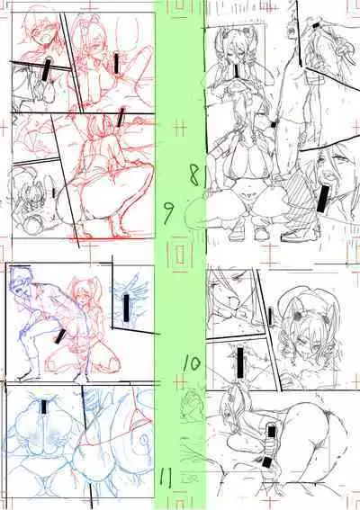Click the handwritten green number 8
[x=194, y=174]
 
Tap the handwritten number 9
[x=168, y=212]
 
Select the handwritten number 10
[x=191, y=363]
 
